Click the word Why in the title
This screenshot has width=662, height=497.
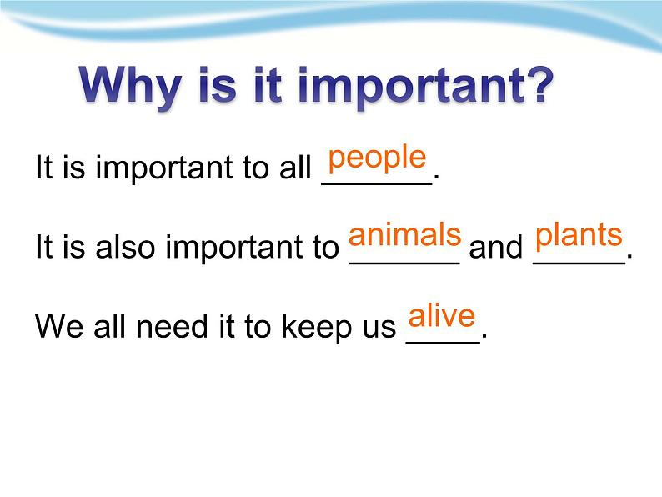[132, 87]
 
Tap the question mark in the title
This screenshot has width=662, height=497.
[539, 85]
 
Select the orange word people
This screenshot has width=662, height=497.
[377, 159]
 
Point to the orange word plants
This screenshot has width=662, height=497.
[579, 236]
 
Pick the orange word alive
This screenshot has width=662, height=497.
[442, 315]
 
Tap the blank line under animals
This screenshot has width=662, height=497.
[404, 264]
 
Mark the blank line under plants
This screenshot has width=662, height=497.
[579, 264]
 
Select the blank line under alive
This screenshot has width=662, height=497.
[444, 343]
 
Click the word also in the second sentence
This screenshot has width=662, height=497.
[125, 247]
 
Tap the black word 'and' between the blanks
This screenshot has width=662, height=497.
[495, 247]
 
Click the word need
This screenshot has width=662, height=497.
[173, 326]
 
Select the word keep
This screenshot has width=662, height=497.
[316, 328]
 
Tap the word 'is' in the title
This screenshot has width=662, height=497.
[218, 86]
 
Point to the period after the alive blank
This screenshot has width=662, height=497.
[484, 337]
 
